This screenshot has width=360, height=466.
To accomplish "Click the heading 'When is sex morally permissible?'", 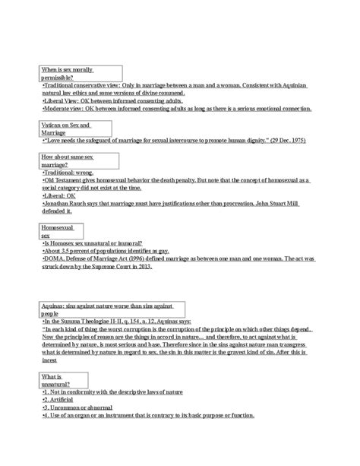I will [x=69, y=74].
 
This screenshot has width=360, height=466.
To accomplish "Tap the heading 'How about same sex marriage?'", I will [x=68, y=160].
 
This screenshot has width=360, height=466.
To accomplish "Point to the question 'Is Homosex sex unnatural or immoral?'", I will [x=98, y=243].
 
